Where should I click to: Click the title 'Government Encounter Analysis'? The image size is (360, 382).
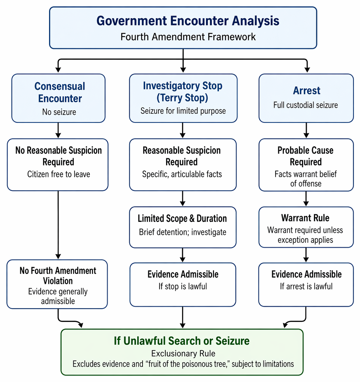pyautogui.click(x=188, y=21)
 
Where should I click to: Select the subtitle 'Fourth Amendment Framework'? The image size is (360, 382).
pyautogui.click(x=188, y=37)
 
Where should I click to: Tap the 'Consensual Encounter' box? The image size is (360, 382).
pyautogui.click(x=59, y=98)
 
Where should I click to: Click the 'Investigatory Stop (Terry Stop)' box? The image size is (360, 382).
pyautogui.click(x=183, y=98)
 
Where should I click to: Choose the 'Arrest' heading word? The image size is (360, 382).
pyautogui.click(x=306, y=91)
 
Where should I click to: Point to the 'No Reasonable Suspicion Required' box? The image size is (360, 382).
pyautogui.click(x=58, y=165)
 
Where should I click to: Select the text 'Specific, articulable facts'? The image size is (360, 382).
pyautogui.click(x=182, y=174)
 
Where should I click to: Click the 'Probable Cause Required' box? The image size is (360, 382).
pyautogui.click(x=306, y=165)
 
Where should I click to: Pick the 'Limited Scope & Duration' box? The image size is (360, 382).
pyautogui.click(x=183, y=227)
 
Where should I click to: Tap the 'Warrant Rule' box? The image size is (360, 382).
pyautogui.click(x=306, y=227)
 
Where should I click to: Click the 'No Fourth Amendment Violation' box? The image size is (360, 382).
pyautogui.click(x=57, y=284)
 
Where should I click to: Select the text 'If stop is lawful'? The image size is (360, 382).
pyautogui.click(x=183, y=286)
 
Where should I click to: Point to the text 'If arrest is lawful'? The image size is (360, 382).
pyautogui.click(x=306, y=286)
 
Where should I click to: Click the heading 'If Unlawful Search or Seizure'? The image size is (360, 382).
pyautogui.click(x=182, y=341)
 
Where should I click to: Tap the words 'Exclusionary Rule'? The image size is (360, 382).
pyautogui.click(x=183, y=353)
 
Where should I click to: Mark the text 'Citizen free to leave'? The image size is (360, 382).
pyautogui.click(x=59, y=174)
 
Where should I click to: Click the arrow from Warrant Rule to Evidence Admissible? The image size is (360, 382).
pyautogui.click(x=306, y=255)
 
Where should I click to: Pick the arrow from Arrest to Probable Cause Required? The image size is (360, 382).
pyautogui.click(x=306, y=131)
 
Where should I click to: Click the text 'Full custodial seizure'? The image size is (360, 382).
pyautogui.click(x=306, y=105)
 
